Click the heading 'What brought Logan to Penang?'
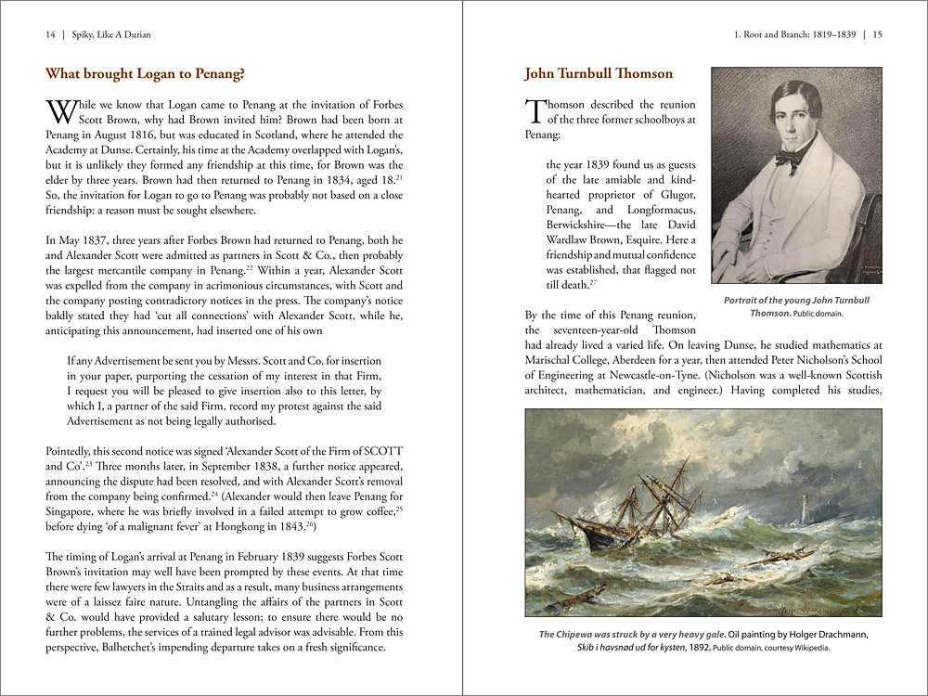(145, 74)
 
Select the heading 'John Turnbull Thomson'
(599, 73)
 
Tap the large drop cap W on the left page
(59, 112)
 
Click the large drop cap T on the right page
(535, 111)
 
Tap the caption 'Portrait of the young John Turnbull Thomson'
(795, 306)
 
